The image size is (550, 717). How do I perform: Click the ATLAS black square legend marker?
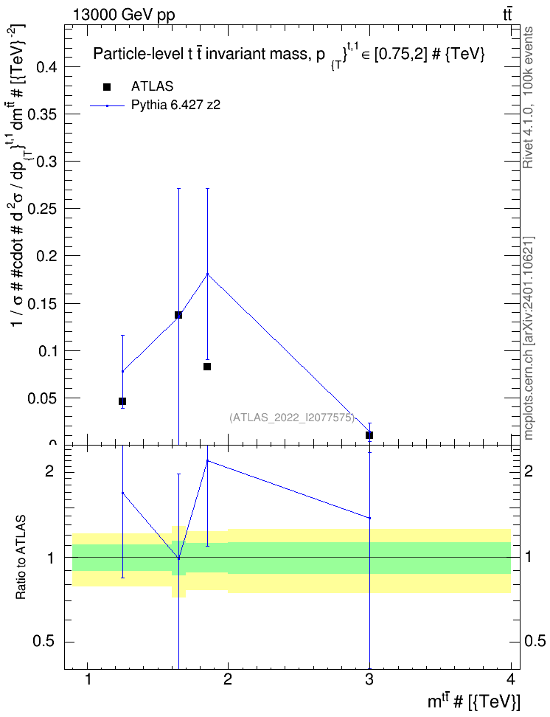107,87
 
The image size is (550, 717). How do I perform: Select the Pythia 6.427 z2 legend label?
175,105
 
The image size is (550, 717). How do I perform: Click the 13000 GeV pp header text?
123,15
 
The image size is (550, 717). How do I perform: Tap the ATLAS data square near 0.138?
178,314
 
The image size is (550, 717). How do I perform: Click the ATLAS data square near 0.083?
207,367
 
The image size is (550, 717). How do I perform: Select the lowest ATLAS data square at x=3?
369,435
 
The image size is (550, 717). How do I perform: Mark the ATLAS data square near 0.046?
122,401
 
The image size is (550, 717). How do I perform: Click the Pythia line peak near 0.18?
208,274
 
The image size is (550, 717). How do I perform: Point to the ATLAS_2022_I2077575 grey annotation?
292,418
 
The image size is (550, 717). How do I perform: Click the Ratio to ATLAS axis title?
21,558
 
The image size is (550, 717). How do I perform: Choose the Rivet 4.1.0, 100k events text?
528,98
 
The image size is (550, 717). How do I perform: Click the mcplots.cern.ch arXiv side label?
528,338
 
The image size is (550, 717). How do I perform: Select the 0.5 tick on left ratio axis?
45,642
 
